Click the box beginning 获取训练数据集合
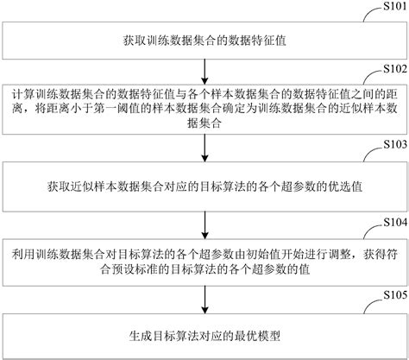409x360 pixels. point(204,41)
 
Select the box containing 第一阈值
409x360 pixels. point(204,107)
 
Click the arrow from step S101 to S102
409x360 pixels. point(204,68)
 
